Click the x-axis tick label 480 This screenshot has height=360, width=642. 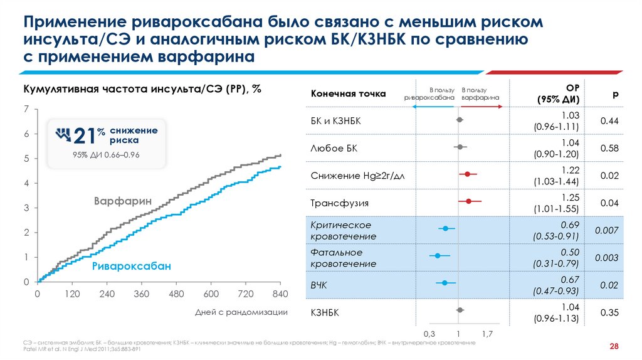176,294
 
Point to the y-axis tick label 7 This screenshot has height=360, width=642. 26,110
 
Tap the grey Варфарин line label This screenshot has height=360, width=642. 123,202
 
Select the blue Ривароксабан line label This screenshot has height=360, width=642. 131,267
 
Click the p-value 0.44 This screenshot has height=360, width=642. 610,120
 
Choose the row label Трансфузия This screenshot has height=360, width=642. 339,203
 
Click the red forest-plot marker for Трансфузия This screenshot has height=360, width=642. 468,201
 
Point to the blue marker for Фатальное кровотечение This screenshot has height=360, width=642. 438,256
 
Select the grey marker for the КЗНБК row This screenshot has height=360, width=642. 460,310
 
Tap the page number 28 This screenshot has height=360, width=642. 614,347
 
